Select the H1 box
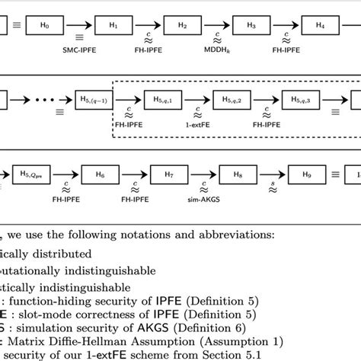(x=113, y=26)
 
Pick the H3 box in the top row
(x=251, y=26)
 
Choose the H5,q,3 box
(x=301, y=99)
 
